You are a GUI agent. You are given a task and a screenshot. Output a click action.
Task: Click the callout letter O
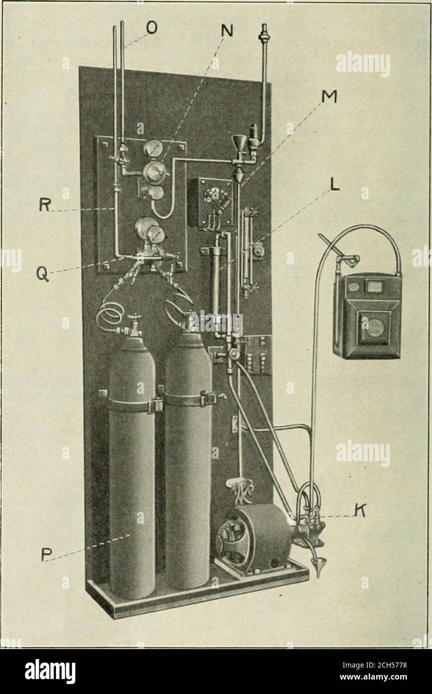(152, 28)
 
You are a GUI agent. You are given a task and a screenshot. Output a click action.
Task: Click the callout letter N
(227, 30)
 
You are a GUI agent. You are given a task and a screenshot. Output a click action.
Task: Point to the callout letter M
(329, 97)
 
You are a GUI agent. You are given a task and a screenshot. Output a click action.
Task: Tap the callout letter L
(335, 185)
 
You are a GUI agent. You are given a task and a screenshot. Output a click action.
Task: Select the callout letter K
(360, 510)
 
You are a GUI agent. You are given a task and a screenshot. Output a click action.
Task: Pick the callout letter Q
(42, 274)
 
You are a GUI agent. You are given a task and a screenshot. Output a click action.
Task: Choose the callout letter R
(45, 205)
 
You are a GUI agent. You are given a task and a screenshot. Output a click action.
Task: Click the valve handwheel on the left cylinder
(134, 318)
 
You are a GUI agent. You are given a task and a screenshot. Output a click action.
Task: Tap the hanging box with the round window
(367, 316)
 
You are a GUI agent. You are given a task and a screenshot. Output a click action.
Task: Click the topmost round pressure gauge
(153, 148)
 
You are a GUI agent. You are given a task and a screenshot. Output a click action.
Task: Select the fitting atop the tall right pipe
(264, 35)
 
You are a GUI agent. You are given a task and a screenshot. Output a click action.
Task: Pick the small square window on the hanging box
(374, 287)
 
